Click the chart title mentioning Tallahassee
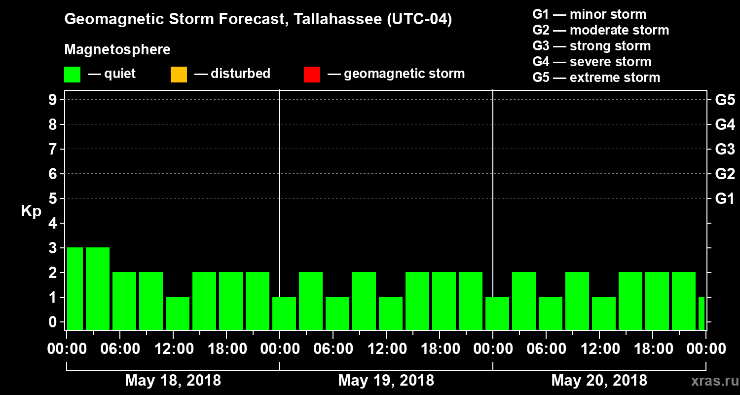click(x=258, y=19)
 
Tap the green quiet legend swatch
click(x=72, y=75)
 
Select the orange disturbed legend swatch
click(x=179, y=75)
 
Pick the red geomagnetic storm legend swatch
click(x=312, y=75)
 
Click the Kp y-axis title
click(x=31, y=211)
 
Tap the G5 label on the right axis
click(x=725, y=100)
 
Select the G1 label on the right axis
click(x=725, y=198)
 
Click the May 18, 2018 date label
click(x=173, y=380)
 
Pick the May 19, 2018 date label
click(x=386, y=380)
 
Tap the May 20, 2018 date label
click(x=599, y=380)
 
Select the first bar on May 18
click(x=75, y=288)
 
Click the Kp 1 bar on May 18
click(x=178, y=313)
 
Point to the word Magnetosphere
click(x=117, y=50)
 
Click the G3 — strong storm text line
click(x=592, y=46)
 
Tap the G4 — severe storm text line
click(x=592, y=62)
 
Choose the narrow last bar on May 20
click(x=702, y=313)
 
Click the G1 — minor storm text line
click(x=589, y=14)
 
